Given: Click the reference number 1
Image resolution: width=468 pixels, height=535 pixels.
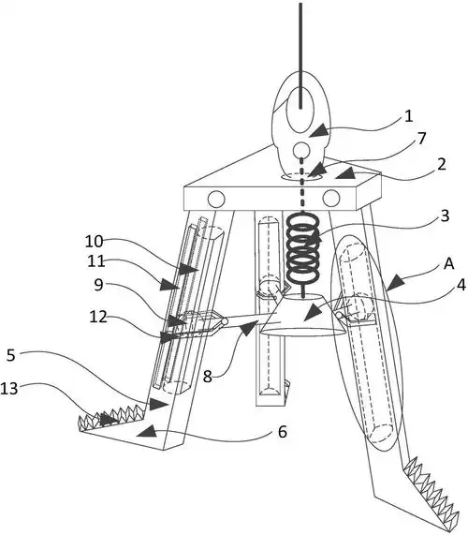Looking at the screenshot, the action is pyautogui.click(x=409, y=116).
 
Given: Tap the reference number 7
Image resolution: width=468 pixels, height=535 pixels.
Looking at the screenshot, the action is pyautogui.click(x=422, y=138).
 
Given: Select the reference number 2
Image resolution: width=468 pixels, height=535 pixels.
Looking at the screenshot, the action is pyautogui.click(x=442, y=164).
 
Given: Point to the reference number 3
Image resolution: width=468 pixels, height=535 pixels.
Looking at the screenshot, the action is pyautogui.click(x=445, y=216).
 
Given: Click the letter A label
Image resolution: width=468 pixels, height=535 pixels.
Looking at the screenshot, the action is pyautogui.click(x=449, y=263).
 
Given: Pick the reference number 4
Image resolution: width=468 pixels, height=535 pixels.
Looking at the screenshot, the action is pyautogui.click(x=461, y=285).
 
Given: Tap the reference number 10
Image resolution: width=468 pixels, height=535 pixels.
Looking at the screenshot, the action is pyautogui.click(x=94, y=241).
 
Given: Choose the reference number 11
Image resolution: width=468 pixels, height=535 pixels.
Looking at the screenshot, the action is pyautogui.click(x=95, y=261).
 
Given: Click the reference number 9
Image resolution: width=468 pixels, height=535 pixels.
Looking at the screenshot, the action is pyautogui.click(x=98, y=284).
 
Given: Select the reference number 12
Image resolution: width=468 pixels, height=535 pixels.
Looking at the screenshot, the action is pyautogui.click(x=98, y=317).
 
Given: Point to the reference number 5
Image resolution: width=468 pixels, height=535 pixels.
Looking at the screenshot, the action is pyautogui.click(x=11, y=355).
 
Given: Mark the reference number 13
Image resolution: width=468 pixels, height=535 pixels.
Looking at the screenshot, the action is pyautogui.click(x=8, y=389).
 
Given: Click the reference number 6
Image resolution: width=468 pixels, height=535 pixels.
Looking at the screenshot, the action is pyautogui.click(x=283, y=432).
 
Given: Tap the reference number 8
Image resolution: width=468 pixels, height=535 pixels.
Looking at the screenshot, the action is pyautogui.click(x=207, y=377).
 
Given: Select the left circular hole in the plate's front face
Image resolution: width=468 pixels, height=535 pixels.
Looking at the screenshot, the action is pyautogui.click(x=216, y=200).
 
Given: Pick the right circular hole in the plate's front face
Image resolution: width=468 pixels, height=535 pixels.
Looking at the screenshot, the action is pyautogui.click(x=331, y=198).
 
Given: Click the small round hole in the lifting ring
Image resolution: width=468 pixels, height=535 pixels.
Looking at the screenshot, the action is pyautogui.click(x=301, y=150).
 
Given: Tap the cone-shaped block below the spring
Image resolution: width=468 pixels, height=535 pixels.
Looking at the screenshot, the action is pyautogui.click(x=302, y=315).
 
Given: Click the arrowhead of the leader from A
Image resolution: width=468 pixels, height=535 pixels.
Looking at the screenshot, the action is pyautogui.click(x=395, y=284).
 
